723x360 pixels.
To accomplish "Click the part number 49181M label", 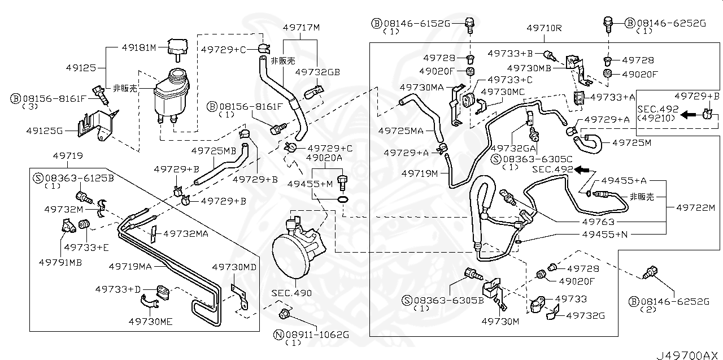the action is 139,48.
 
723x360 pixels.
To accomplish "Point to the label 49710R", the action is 544,27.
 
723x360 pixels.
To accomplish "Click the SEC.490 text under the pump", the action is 291,293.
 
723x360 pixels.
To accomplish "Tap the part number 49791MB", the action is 60,262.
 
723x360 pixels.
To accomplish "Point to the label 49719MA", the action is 130,265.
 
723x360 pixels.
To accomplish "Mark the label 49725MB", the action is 214,151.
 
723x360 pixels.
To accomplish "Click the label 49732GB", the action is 318,72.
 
